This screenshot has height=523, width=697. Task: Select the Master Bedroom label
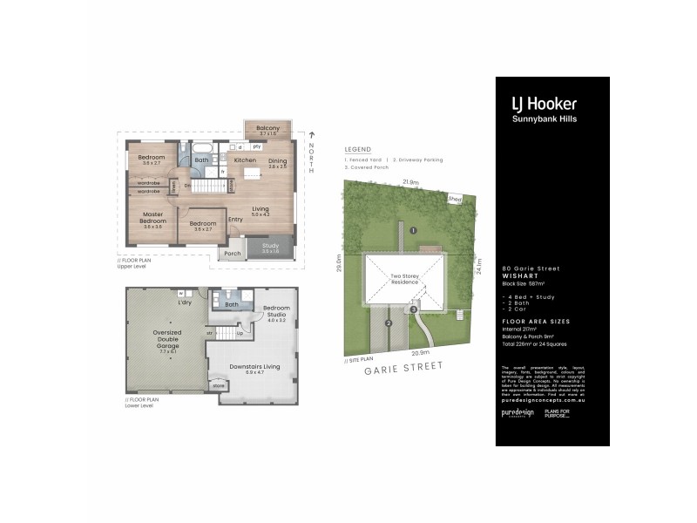click(x=152, y=219)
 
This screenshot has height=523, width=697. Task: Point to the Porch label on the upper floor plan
click(x=232, y=254)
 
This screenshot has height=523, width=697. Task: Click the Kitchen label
click(x=245, y=160)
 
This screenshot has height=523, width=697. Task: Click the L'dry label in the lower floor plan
click(x=184, y=302)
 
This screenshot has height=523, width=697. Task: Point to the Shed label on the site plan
click(x=455, y=198)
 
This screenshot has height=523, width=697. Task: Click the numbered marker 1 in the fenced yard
click(x=414, y=230)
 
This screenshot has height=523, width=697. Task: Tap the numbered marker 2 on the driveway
click(x=389, y=323)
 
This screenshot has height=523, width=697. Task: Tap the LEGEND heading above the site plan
click(x=358, y=149)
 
